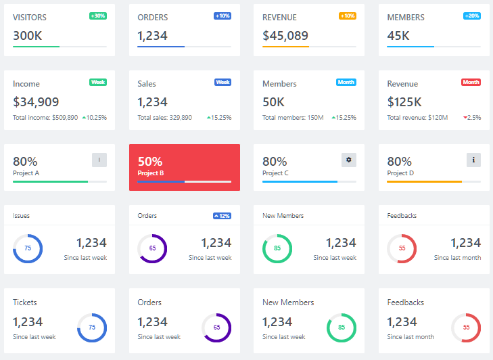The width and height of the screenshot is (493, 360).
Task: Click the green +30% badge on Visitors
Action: point(97,16)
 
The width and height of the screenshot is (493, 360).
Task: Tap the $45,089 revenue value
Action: point(285,35)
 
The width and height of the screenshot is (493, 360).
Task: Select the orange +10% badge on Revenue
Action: point(348,16)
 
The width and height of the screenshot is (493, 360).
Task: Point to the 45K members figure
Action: point(398,35)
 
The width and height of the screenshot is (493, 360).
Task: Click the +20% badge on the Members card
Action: point(472,16)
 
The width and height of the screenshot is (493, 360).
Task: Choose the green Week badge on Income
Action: point(98,82)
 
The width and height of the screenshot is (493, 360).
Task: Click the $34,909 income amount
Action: point(36,102)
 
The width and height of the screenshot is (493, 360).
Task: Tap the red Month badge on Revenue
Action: point(471,82)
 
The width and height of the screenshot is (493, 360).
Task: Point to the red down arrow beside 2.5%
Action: point(465,118)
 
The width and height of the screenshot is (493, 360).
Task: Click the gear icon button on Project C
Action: point(349,160)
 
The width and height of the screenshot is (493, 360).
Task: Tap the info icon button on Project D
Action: point(473,160)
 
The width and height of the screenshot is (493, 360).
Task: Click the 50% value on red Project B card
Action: point(149,162)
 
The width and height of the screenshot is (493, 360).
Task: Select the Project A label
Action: point(26,173)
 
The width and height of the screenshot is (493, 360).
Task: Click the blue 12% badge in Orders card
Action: point(222,216)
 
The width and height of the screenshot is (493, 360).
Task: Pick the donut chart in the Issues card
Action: point(28,248)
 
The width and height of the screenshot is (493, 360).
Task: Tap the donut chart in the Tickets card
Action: point(92,328)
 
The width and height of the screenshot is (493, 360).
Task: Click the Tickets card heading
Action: point(25,302)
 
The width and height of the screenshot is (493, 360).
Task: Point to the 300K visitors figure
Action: point(28,35)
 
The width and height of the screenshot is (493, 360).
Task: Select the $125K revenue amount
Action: point(404,102)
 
